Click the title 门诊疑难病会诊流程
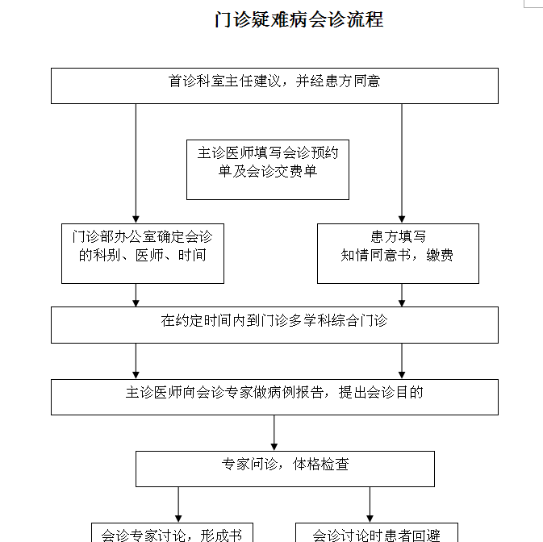[299, 19]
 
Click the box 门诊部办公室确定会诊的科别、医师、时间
[142, 253]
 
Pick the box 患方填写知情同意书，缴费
[398, 253]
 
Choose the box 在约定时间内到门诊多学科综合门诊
[274, 324]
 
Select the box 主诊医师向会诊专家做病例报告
[274, 397]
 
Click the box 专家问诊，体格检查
[285, 469]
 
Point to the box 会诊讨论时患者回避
[377, 532]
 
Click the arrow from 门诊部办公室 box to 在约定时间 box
[136, 295]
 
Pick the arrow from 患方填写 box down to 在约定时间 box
[402, 295]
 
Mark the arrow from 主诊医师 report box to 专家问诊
[274, 433]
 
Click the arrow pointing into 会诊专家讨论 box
[178, 505]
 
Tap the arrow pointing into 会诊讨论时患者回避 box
[370, 505]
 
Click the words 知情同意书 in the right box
[378, 256]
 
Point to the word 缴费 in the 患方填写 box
[441, 256]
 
